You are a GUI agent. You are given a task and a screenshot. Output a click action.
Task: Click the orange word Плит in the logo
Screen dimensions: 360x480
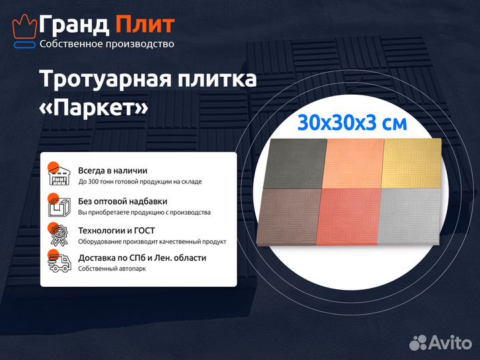(145, 25)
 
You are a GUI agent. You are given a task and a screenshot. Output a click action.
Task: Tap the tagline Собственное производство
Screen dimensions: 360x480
(107, 44)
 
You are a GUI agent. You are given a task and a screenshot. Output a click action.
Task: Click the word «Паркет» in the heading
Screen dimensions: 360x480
(94, 107)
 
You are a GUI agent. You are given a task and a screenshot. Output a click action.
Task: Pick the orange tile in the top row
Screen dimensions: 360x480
(353, 163)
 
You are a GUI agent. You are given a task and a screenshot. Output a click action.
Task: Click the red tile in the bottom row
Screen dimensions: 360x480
(349, 217)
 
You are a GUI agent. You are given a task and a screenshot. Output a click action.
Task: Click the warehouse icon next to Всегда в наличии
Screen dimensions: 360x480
(59, 175)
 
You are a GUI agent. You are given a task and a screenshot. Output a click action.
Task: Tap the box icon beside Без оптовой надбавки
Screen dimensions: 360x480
(59, 205)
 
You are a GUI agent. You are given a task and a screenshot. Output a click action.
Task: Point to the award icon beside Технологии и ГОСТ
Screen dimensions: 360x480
(59, 235)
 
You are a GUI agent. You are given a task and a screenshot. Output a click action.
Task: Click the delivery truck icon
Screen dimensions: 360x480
(59, 263)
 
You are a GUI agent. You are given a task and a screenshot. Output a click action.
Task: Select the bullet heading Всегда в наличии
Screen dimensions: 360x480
(113, 171)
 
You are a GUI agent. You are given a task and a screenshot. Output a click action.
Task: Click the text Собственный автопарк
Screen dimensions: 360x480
(111, 269)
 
